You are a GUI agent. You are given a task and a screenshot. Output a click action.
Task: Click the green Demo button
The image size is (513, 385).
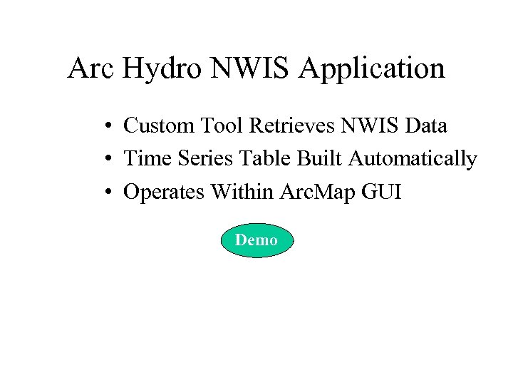(x=256, y=241)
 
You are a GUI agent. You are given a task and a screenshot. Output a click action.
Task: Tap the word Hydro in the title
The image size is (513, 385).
(x=166, y=69)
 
